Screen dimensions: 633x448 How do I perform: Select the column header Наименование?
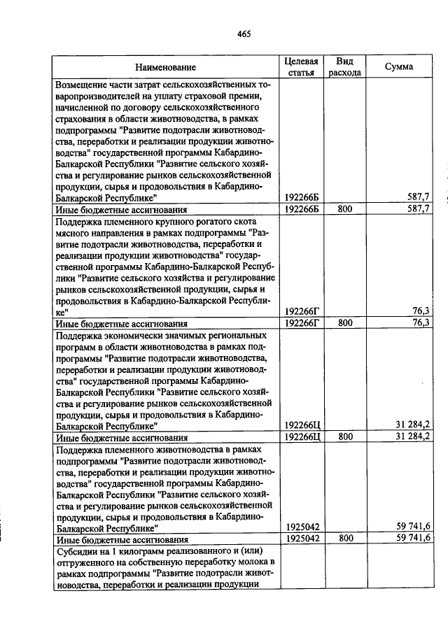[166, 68]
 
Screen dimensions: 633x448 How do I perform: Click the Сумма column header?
[398, 67]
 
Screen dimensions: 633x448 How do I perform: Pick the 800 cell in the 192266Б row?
[344, 208]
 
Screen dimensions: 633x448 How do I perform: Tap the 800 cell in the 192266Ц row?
[344, 436]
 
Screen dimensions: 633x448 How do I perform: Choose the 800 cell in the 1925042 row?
[344, 539]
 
